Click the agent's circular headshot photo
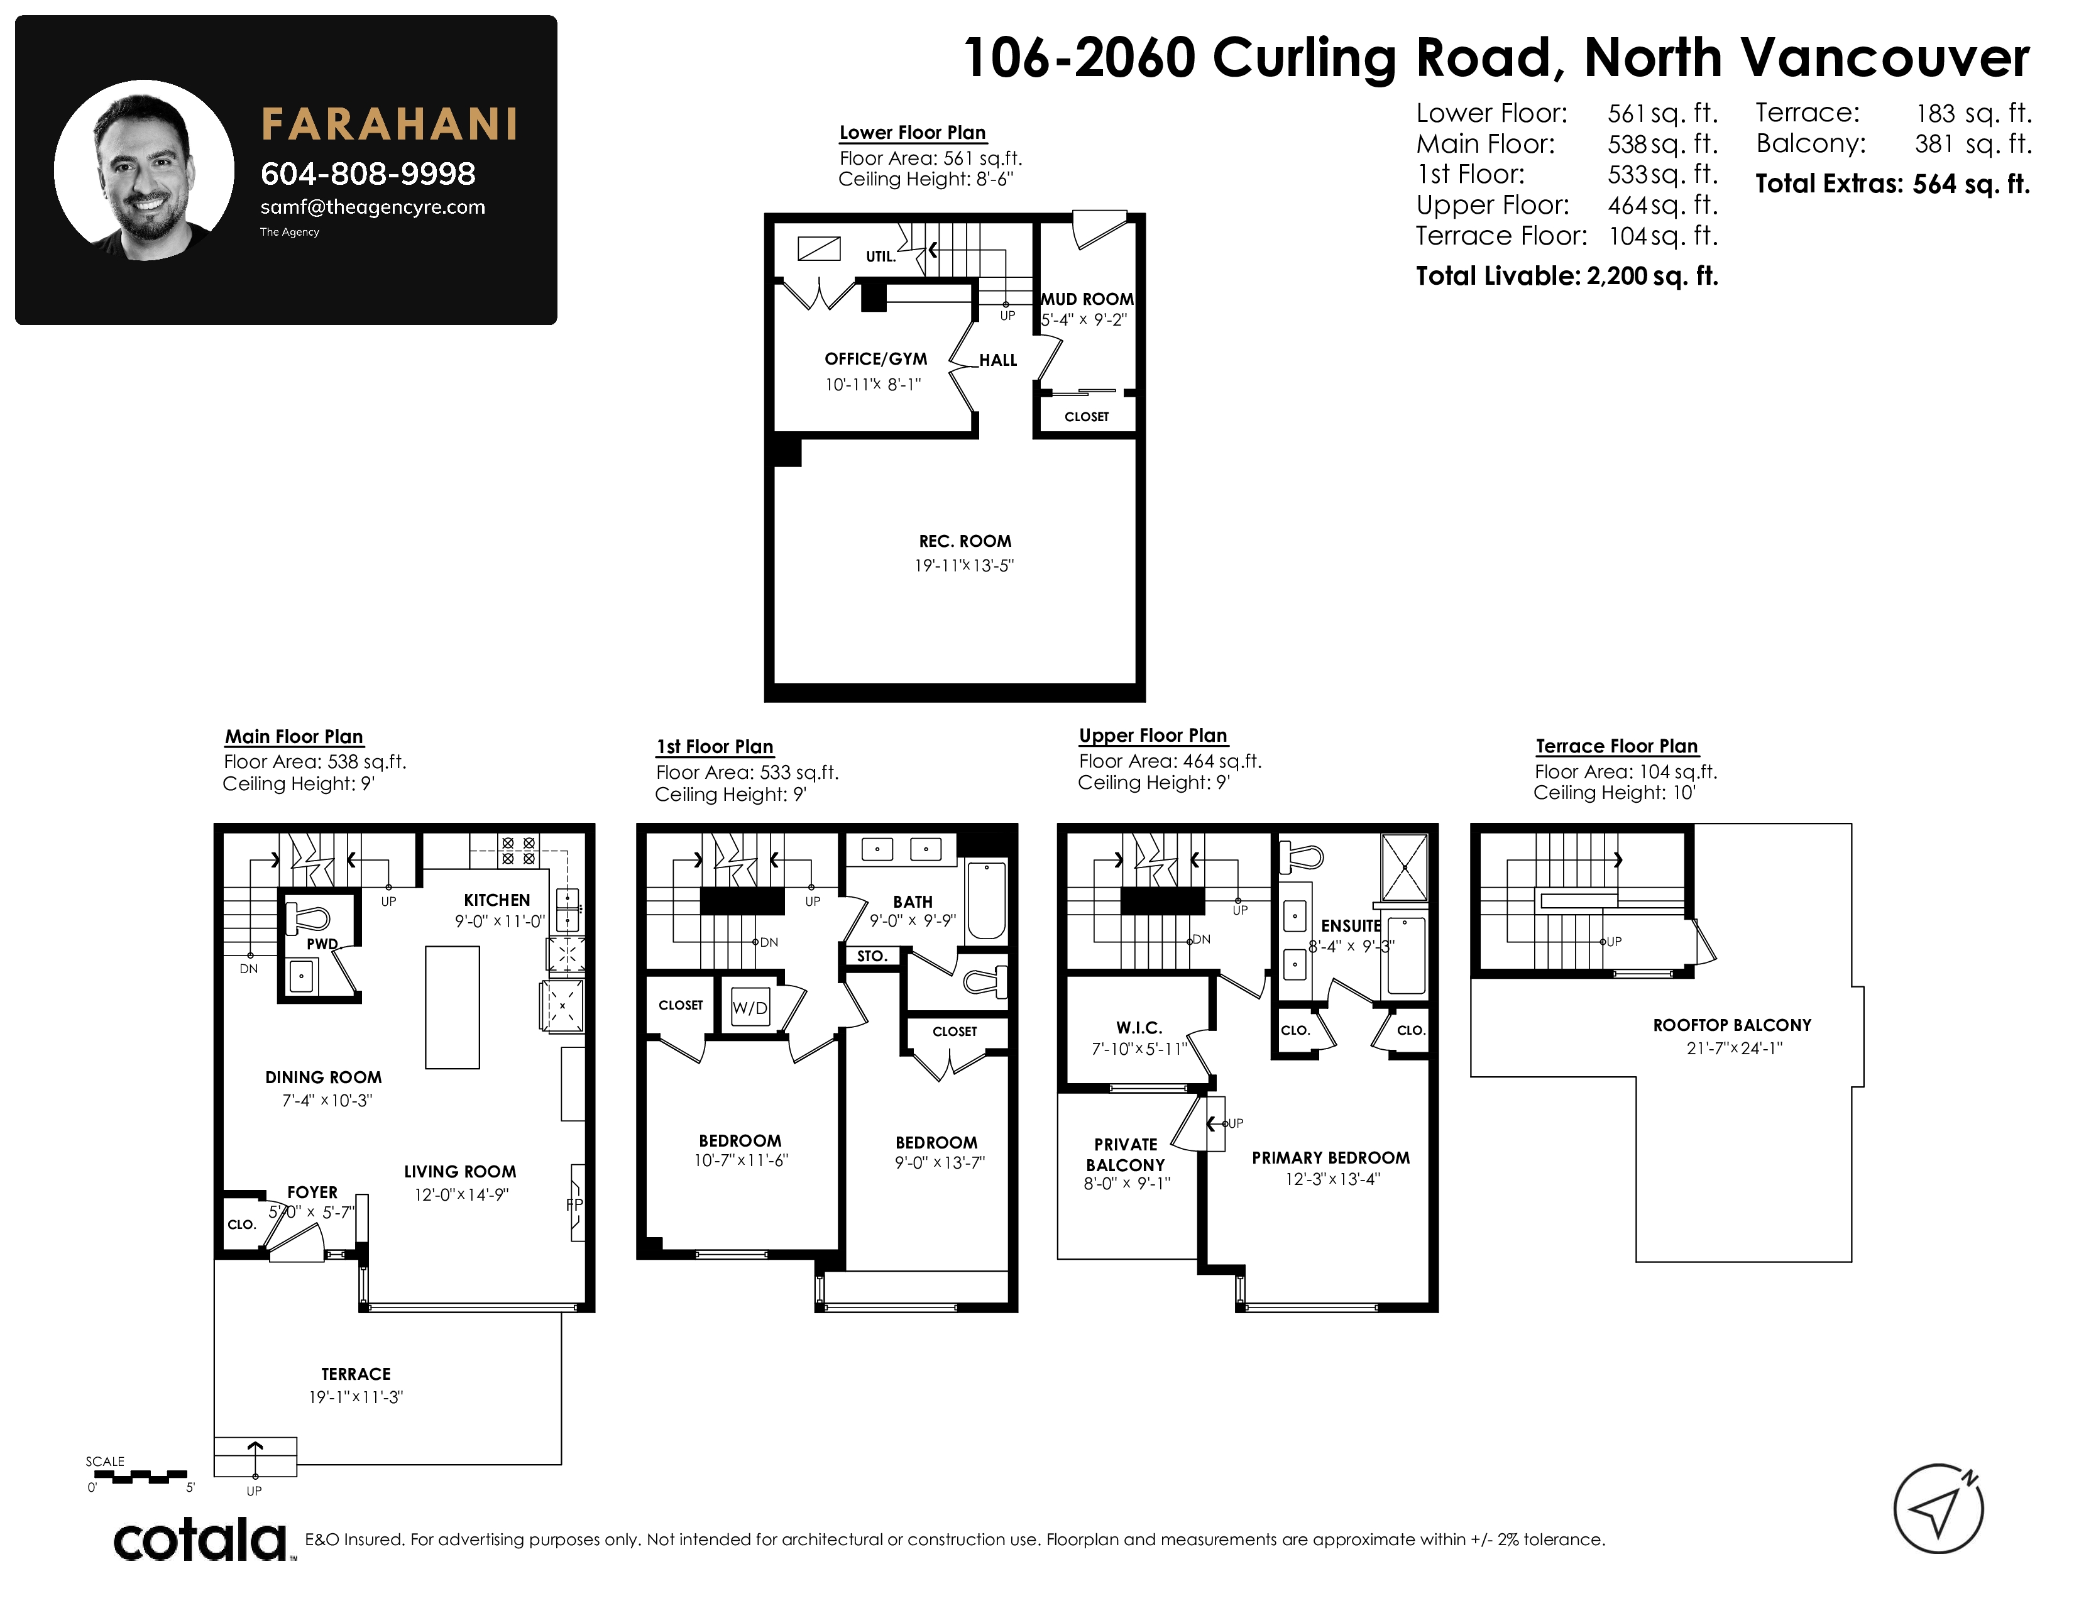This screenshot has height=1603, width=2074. coord(145,171)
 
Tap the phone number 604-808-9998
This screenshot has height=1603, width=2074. coord(368,174)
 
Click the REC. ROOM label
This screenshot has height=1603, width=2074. coord(965,541)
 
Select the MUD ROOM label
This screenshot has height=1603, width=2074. coord(1087,299)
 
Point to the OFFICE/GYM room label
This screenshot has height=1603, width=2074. coord(875,359)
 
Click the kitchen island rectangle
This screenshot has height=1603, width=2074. coord(452,1008)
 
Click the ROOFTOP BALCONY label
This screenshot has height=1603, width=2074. coord(1732,1026)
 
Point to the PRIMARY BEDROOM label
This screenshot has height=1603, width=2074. coord(1331,1157)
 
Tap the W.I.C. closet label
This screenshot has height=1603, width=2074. coord(1139,1028)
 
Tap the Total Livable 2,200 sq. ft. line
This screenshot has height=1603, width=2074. coord(1567,277)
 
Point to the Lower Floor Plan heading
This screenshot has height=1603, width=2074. coord(913,133)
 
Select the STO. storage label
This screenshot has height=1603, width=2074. coord(872,956)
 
